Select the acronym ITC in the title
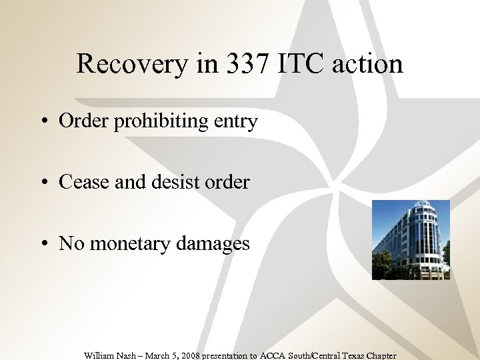tap(298, 65)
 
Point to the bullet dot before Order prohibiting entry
tap(43, 122)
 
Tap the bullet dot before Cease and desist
tap(43, 183)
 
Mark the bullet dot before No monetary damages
tap(43, 244)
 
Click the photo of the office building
tap(411, 239)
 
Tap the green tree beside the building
tap(381, 265)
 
